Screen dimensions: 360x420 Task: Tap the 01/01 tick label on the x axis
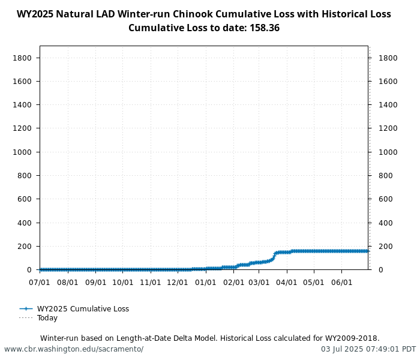206,281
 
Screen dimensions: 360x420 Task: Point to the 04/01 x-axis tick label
287,281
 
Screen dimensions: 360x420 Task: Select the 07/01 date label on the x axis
40,281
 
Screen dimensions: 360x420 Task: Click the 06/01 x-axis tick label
341,281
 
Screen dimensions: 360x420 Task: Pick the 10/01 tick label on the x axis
123,281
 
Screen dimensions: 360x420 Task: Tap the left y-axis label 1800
22,58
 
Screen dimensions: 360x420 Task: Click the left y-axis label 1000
22,152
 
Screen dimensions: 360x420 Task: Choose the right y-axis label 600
385,199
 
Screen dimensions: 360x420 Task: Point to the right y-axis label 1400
387,105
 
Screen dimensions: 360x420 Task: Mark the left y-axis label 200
25,246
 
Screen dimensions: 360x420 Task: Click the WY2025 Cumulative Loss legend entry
83,309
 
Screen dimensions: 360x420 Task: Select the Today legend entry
47,318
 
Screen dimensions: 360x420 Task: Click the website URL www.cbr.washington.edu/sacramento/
74,349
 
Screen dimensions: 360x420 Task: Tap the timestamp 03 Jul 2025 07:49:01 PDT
368,349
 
